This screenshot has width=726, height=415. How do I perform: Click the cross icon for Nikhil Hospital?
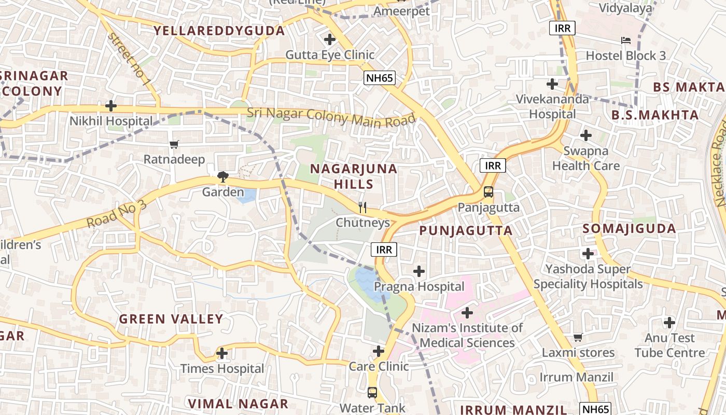coord(110,106)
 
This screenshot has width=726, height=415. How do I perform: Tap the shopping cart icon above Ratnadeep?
coord(174,145)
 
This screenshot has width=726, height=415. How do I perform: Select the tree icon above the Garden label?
coord(223,177)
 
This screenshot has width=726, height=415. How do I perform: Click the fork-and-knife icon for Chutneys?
coord(362,208)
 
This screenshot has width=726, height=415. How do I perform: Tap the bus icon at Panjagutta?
coord(488,192)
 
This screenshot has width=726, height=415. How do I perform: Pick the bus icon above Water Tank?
coord(372,392)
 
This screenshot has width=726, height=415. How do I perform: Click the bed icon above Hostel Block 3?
coord(626,40)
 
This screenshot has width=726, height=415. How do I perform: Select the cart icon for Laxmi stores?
coord(578,338)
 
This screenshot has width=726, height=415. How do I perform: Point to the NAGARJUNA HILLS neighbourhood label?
coord(354,176)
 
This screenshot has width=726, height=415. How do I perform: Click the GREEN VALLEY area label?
coord(171,319)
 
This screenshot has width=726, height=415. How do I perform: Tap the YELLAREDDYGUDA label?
coord(219,31)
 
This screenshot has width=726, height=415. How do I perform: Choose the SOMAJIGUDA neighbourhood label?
coord(629,229)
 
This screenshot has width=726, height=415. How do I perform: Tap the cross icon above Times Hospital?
coord(222,354)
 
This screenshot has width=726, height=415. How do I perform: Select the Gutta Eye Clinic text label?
coord(330,54)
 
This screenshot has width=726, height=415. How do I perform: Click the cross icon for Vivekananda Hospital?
coord(552,84)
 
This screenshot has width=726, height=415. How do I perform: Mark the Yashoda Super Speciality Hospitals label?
coord(588,276)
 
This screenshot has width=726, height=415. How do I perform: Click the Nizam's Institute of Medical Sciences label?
coord(467,335)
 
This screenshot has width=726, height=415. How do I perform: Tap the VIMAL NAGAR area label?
coord(238,404)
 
